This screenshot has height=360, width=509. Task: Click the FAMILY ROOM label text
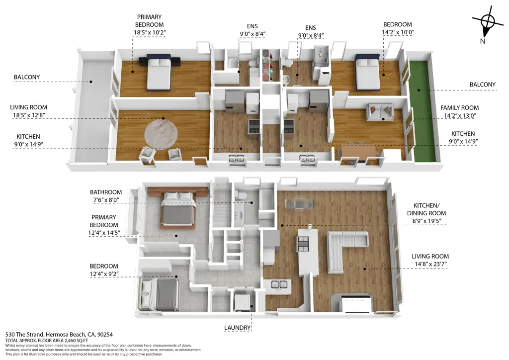459,107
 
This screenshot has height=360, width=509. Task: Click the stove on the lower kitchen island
303,243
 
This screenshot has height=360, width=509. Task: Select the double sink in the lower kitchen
278,285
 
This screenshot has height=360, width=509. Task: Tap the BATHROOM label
106,192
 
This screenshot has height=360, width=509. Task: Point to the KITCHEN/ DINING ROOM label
431,210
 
